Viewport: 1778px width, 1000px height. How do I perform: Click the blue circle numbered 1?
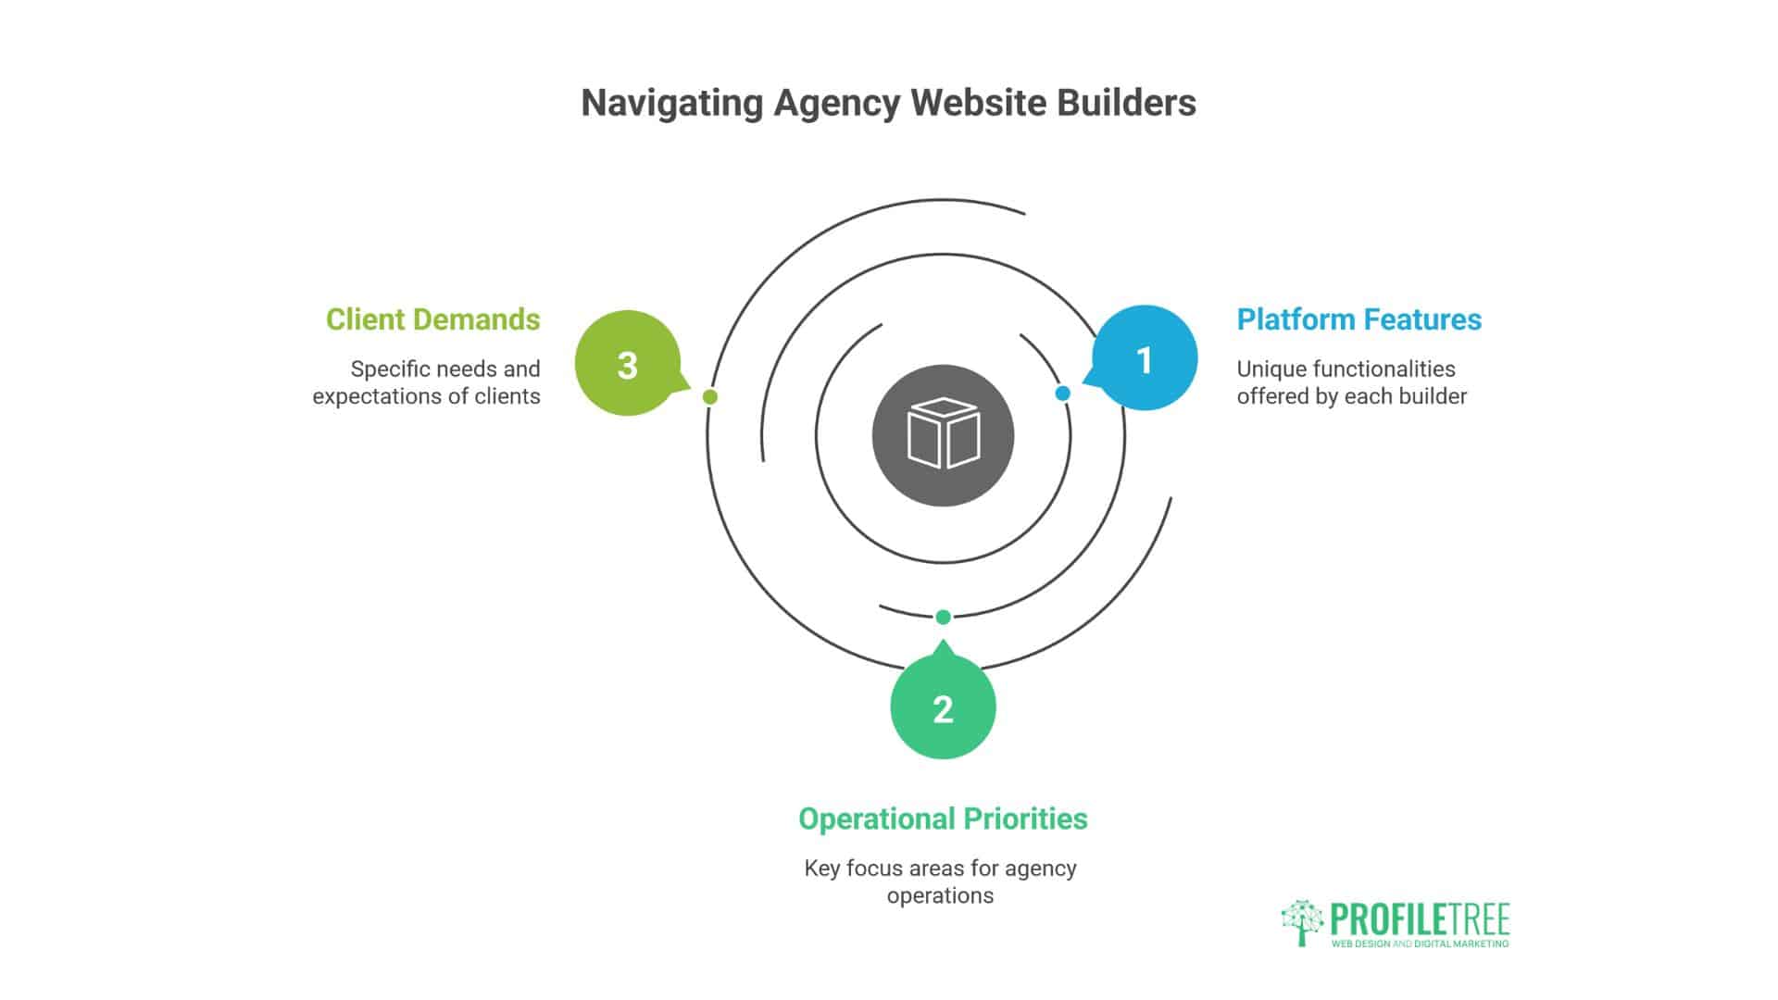coord(1145,359)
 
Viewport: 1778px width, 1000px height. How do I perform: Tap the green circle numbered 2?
coord(943,708)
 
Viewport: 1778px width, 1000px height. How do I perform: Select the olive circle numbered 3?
coord(628,364)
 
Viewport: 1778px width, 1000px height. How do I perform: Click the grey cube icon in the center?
coord(943,435)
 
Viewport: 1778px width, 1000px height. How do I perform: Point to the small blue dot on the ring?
coord(1063,394)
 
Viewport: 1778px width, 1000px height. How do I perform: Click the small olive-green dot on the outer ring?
coord(710,397)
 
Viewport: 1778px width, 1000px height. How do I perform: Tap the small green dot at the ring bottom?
coord(943,618)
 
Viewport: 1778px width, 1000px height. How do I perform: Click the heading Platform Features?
coord(1359,319)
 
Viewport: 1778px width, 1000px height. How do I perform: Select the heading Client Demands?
coord(432,319)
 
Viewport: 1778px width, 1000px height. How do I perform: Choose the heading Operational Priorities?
coord(943,819)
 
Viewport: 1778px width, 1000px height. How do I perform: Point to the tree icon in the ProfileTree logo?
coord(1302,922)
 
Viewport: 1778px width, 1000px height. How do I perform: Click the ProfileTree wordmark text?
coord(1420,919)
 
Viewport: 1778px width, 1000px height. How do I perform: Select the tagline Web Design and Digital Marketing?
coord(1420,944)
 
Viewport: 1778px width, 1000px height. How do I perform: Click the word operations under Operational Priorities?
coord(940,895)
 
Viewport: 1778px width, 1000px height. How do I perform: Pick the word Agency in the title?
coord(837,103)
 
